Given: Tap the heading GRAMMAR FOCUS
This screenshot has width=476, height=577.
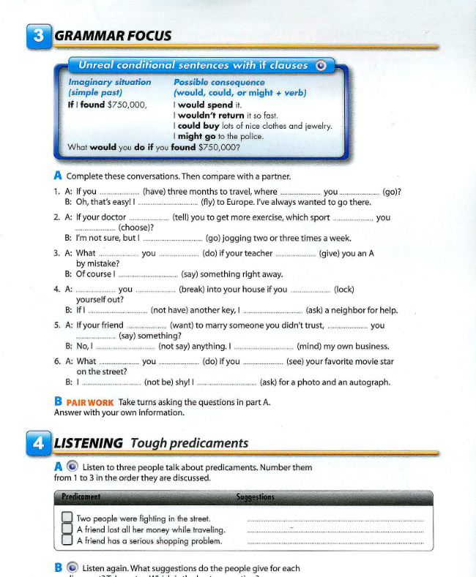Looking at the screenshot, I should coord(113,36).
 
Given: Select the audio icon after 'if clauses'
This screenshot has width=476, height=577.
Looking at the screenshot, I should coord(320,65).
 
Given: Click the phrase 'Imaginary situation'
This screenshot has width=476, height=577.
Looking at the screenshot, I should coord(109,82).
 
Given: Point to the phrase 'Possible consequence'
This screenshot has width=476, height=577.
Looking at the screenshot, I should coord(219,82).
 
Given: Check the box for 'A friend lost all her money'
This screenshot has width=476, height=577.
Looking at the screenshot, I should coord(66,530).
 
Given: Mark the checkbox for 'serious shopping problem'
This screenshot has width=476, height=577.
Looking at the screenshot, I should coord(66,541).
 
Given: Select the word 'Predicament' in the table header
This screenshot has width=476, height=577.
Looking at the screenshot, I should coord(81,497).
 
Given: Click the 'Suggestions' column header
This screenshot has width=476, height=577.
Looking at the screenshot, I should coord(256,497).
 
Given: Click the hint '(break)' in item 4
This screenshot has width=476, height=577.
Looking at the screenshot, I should coord(193,289).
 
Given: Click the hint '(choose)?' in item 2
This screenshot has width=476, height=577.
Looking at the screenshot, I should coord(135,227).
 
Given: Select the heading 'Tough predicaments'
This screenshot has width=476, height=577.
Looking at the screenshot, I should coord(189,443).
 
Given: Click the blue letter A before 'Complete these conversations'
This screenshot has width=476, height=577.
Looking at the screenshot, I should coord(58,176).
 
